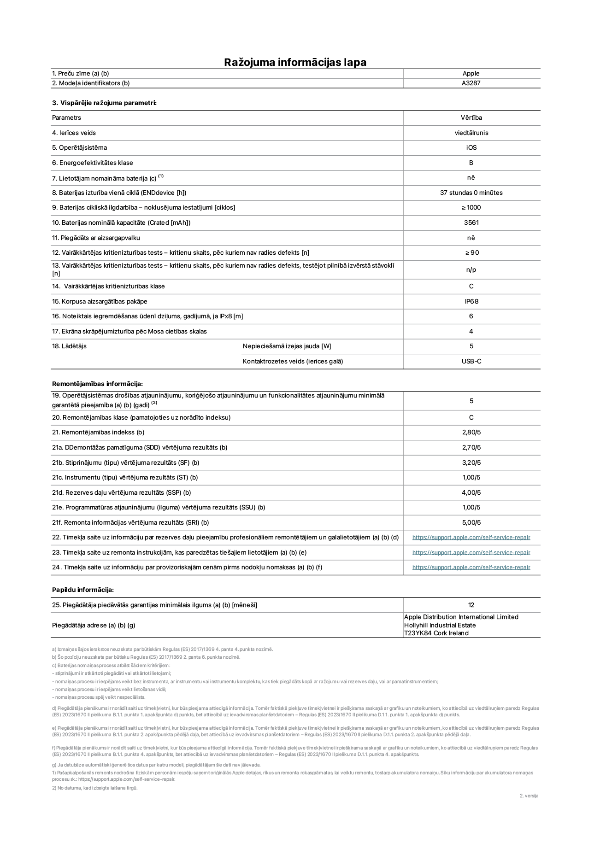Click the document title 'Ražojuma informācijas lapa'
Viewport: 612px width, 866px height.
pyautogui.click(x=295, y=62)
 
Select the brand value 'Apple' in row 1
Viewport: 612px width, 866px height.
pyautogui.click(x=471, y=73)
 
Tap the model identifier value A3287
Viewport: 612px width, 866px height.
pyautogui.click(x=471, y=83)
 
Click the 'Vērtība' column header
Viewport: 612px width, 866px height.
pyautogui.click(x=471, y=118)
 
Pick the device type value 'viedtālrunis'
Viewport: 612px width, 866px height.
pyautogui.click(x=471, y=133)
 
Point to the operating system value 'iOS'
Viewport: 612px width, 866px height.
pyautogui.click(x=471, y=148)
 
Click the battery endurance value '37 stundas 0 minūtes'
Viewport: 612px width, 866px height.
pyautogui.click(x=471, y=193)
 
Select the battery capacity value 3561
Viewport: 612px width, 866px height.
pyautogui.click(x=471, y=222)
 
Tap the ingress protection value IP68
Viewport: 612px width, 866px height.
pyautogui.click(x=471, y=301)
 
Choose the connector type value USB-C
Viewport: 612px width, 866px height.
pyautogui.click(x=471, y=361)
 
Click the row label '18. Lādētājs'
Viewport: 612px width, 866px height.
pyautogui.click(x=69, y=346)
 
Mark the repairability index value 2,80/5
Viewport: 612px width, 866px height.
pyautogui.click(x=471, y=432)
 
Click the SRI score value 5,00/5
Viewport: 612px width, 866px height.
pyautogui.click(x=471, y=522)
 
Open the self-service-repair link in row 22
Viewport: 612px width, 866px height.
pyautogui.click(x=471, y=537)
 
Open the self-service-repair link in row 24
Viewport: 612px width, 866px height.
pyautogui.click(x=471, y=567)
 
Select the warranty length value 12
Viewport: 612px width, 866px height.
pyautogui.click(x=471, y=605)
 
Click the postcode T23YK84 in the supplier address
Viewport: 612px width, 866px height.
pyautogui.click(x=418, y=633)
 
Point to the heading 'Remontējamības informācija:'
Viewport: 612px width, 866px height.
pyautogui.click(x=97, y=384)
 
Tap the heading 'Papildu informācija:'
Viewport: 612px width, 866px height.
pyautogui.click(x=82, y=590)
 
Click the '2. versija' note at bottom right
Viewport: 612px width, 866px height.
pyautogui.click(x=529, y=796)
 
